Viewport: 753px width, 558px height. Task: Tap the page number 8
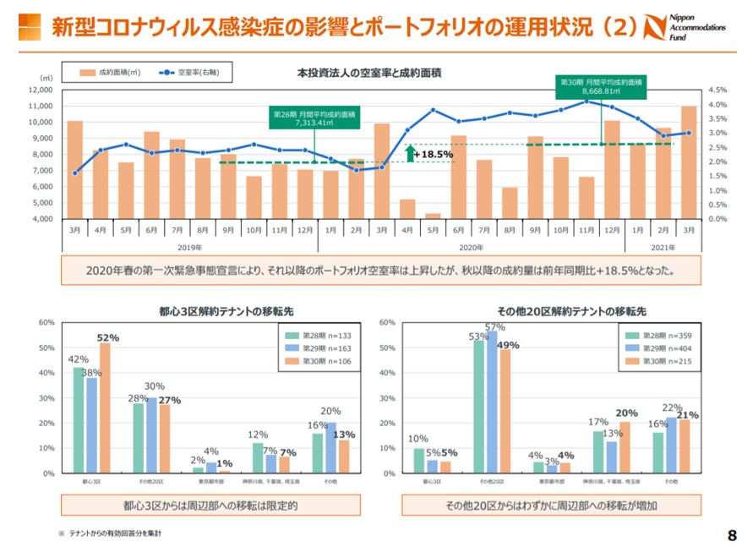(732, 535)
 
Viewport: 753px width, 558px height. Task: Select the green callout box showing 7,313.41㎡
(314, 117)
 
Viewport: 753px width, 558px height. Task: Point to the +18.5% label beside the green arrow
(433, 155)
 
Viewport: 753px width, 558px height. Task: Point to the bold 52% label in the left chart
(107, 337)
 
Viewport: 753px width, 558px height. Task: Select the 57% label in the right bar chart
(495, 326)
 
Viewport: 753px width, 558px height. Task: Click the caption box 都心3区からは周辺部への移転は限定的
(211, 506)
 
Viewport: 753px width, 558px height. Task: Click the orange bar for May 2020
(433, 216)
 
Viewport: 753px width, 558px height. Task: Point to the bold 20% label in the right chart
(627, 413)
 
